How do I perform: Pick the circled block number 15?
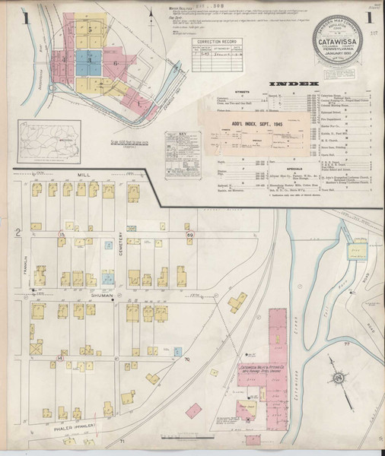[x=62, y=238]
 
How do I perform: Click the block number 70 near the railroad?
[x=186, y=352]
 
